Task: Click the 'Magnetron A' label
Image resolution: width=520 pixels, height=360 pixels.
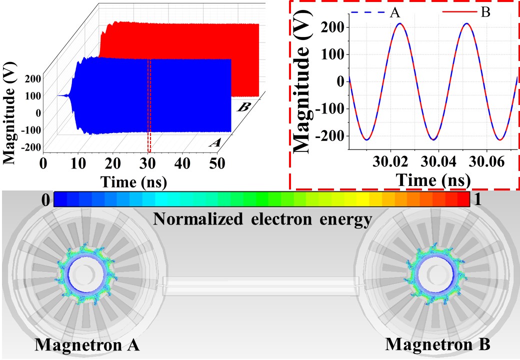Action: point(87,344)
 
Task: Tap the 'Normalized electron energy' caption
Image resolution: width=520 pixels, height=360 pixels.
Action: point(263,218)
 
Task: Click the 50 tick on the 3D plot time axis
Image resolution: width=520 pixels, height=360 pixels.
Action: point(216,163)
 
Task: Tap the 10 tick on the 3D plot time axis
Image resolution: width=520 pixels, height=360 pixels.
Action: point(78,163)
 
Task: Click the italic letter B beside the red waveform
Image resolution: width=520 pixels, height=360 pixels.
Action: point(245,106)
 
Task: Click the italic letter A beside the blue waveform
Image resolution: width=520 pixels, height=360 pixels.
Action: point(215,143)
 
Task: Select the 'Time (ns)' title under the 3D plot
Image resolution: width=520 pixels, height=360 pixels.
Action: point(134,180)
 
